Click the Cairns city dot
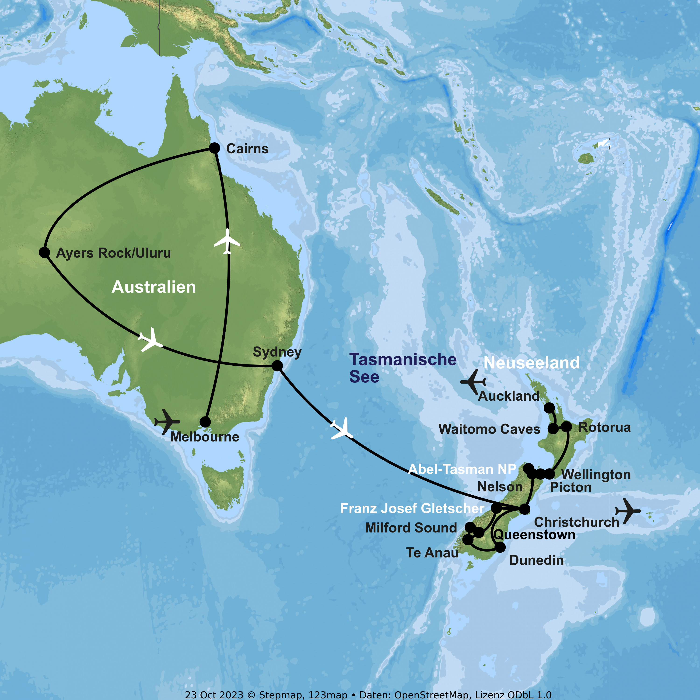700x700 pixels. coord(214,148)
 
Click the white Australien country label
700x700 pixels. coord(154,287)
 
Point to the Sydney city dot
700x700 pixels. coord(277,366)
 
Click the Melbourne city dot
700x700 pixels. coord(205,422)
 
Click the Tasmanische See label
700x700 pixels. coord(402,368)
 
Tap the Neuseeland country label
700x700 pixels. coord(532,363)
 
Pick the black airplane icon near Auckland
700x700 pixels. coord(473,382)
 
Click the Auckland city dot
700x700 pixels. coord(549,408)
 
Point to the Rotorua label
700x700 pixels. coord(604,427)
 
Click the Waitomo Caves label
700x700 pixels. coord(489,429)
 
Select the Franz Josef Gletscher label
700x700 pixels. coord(412,508)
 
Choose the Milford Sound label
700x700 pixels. coord(411,528)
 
